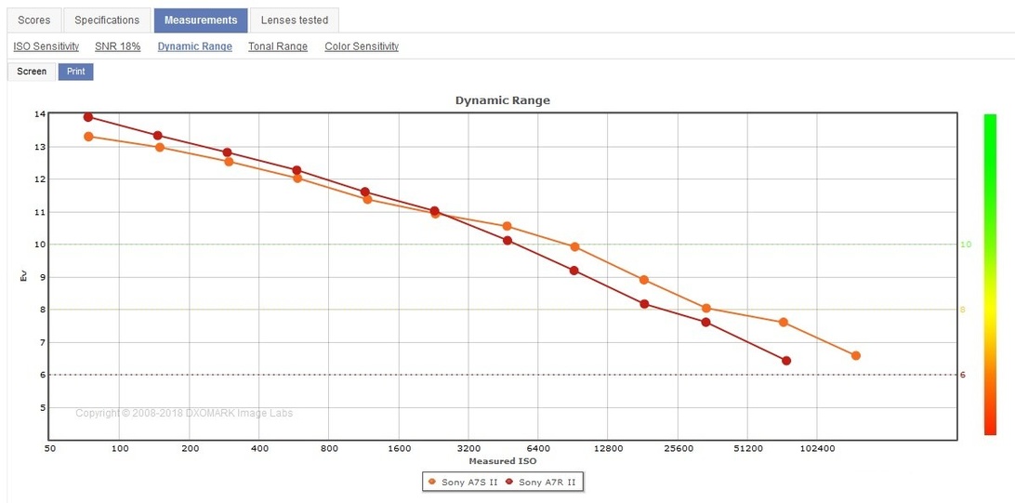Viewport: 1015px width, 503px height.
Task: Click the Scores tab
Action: [34, 20]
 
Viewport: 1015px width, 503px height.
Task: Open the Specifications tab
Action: [107, 20]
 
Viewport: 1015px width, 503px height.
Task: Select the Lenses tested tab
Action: [294, 20]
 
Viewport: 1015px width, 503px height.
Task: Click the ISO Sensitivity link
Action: [46, 46]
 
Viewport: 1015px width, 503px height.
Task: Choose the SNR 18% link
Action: [118, 46]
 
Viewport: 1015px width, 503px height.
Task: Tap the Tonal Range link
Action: [278, 46]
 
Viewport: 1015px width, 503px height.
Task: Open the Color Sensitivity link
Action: [362, 46]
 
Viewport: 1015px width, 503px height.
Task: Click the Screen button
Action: [32, 72]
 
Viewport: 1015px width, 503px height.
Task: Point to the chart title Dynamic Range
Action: [502, 100]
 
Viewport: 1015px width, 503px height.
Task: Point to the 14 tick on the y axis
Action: [40, 114]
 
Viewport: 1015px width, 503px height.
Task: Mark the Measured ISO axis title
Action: [502, 461]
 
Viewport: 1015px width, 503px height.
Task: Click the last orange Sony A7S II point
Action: [855, 355]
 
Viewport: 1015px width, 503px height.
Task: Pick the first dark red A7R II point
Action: [88, 117]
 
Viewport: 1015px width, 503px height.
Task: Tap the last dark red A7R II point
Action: [786, 361]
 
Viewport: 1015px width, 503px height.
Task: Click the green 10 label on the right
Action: [966, 245]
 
